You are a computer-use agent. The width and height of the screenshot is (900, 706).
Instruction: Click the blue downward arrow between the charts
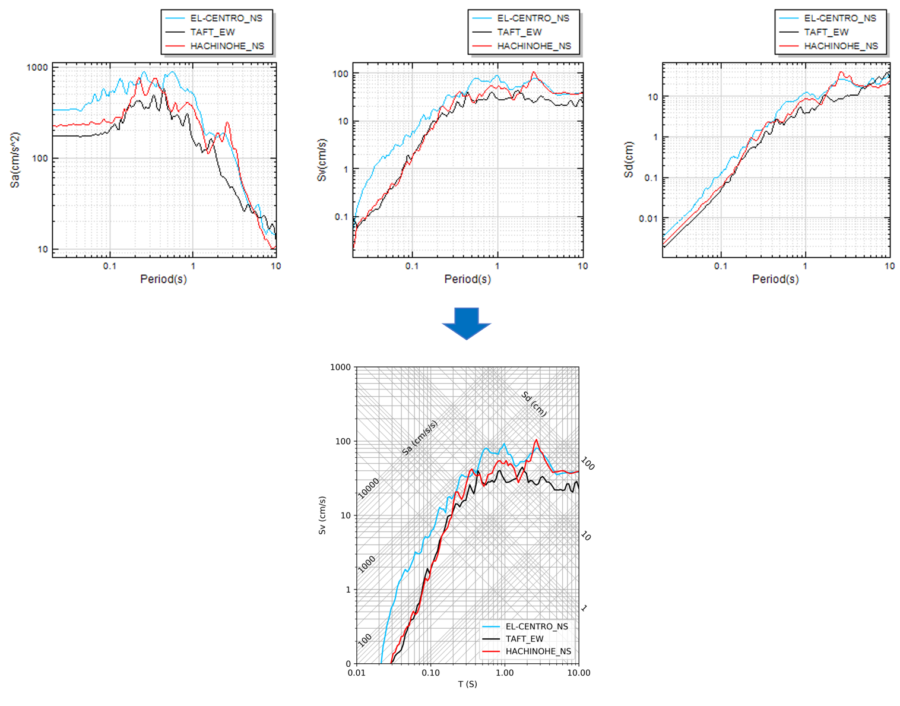tap(466, 323)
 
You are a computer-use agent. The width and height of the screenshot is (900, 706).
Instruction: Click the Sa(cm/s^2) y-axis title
tap(15, 160)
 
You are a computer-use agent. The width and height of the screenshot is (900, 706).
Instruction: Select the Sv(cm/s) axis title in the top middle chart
tap(322, 160)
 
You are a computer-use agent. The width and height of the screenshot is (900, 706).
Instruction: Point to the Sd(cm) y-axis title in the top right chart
tap(629, 160)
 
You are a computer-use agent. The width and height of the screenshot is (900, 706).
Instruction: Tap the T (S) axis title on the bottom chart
tap(467, 684)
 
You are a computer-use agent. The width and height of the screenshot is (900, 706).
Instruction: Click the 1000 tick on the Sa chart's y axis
tap(37, 68)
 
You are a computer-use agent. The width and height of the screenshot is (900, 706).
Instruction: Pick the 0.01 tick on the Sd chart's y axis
tap(648, 219)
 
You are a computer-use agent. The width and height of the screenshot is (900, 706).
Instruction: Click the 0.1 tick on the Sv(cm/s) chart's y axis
tap(341, 217)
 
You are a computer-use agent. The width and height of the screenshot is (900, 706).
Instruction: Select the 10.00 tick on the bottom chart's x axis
tap(578, 673)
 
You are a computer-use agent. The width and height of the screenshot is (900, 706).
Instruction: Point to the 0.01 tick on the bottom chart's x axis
tap(356, 673)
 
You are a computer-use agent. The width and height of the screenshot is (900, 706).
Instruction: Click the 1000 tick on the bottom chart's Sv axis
tap(340, 367)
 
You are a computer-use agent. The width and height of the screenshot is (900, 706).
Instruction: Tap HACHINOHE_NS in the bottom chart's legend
tap(538, 651)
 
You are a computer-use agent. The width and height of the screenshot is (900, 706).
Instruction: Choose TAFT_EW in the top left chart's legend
tap(213, 32)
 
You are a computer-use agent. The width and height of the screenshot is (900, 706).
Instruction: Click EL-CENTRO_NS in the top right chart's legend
tap(839, 18)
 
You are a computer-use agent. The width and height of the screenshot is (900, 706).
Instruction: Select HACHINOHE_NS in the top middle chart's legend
tap(534, 46)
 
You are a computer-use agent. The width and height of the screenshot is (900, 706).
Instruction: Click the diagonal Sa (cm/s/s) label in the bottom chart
tap(420, 438)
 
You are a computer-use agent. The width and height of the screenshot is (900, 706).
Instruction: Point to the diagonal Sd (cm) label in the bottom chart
tap(534, 404)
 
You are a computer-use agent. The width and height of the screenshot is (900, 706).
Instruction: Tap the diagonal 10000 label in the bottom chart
tap(368, 489)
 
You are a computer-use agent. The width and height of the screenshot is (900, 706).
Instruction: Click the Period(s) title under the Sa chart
tap(163, 279)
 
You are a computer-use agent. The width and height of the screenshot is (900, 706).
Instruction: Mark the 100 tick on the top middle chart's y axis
tap(341, 74)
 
